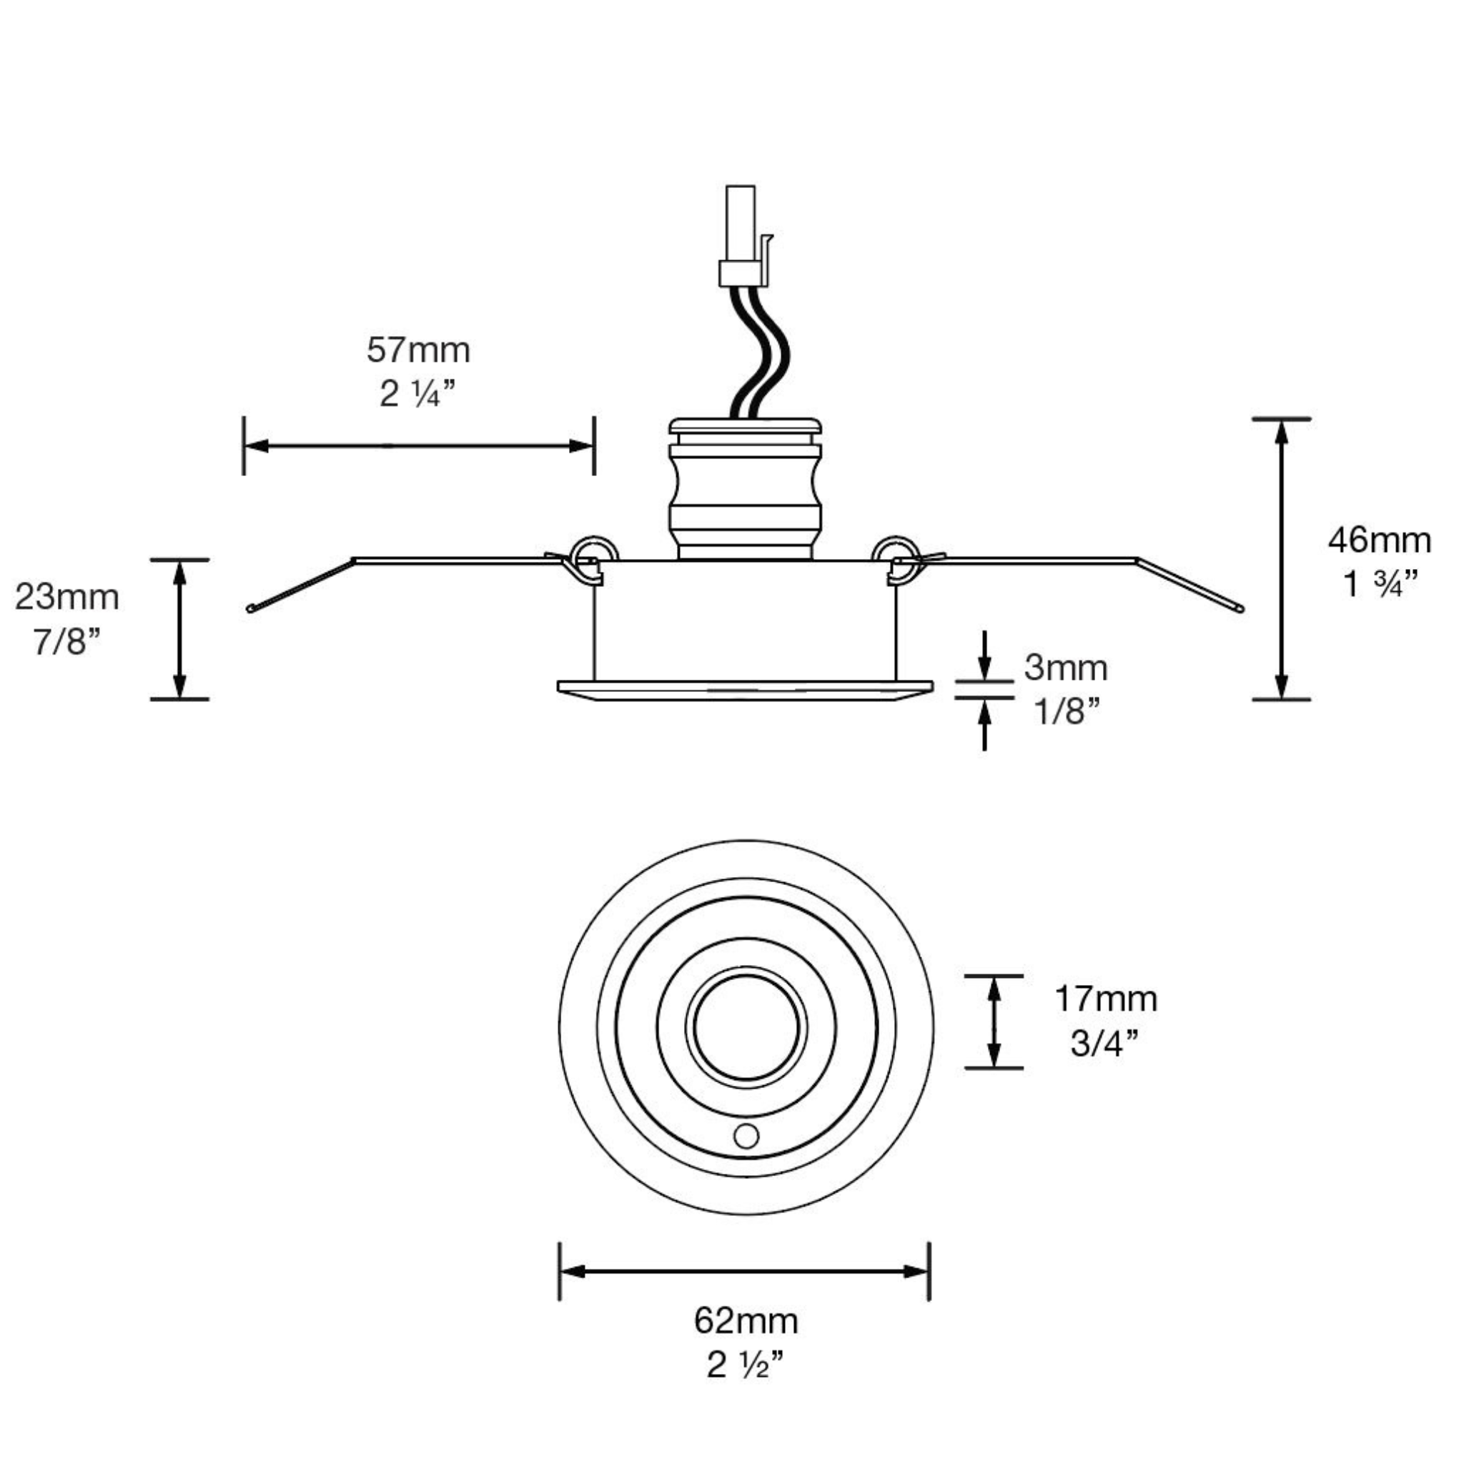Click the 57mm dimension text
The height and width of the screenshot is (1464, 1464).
tap(418, 351)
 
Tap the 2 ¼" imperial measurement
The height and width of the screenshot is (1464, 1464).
tap(418, 395)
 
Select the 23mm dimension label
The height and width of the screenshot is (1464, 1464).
tap(67, 598)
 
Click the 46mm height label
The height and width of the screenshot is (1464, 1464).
tap(1379, 541)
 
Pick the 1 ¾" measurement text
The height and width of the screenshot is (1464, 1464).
tap(1379, 584)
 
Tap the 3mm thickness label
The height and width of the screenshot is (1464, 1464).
tap(1065, 668)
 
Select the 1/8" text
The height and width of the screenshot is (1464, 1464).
tap(1065, 711)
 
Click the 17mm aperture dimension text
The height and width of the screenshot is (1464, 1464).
tap(1106, 999)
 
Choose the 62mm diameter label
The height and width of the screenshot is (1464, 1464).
tap(746, 1321)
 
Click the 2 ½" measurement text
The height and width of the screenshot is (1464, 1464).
tap(746, 1365)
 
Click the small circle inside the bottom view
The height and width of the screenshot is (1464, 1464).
tap(746, 1136)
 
